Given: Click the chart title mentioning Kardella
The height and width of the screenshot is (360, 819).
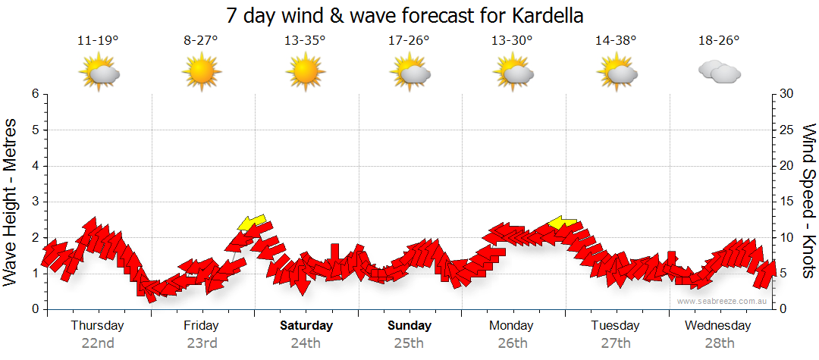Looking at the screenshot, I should pyautogui.click(x=409, y=16).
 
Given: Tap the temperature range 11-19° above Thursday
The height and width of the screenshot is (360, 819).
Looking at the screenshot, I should pyautogui.click(x=98, y=41).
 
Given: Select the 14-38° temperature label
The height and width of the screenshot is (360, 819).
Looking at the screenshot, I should pyautogui.click(x=616, y=41).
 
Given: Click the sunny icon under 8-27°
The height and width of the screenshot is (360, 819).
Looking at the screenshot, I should pyautogui.click(x=201, y=73).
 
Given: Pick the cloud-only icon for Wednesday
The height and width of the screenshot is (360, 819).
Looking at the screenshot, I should pyautogui.click(x=719, y=73).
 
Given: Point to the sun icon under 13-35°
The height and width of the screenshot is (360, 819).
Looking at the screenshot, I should pyautogui.click(x=305, y=73).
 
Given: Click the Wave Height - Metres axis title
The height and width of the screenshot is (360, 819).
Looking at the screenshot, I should pyautogui.click(x=11, y=201).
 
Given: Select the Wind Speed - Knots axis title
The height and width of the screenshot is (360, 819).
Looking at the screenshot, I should pyautogui.click(x=808, y=201).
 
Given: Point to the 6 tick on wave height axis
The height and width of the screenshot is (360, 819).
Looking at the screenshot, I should pyautogui.click(x=35, y=94).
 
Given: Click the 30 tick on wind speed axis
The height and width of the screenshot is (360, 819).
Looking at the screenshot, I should pyautogui.click(x=787, y=94).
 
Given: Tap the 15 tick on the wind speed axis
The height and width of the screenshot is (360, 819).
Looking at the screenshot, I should pyautogui.click(x=787, y=202).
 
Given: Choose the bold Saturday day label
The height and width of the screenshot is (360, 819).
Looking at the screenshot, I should pyautogui.click(x=306, y=326).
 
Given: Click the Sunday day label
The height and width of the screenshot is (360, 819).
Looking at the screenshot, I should pyautogui.click(x=409, y=326).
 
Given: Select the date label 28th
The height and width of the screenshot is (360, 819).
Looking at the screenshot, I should pyautogui.click(x=719, y=343).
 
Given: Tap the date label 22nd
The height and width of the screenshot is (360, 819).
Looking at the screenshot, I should pyautogui.click(x=98, y=343).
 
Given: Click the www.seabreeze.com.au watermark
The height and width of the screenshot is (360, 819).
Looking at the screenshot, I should pyautogui.click(x=723, y=302).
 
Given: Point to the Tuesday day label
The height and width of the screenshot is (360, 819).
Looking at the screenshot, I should pyautogui.click(x=615, y=326).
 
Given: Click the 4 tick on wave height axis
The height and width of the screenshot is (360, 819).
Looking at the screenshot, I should pyautogui.click(x=35, y=166).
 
